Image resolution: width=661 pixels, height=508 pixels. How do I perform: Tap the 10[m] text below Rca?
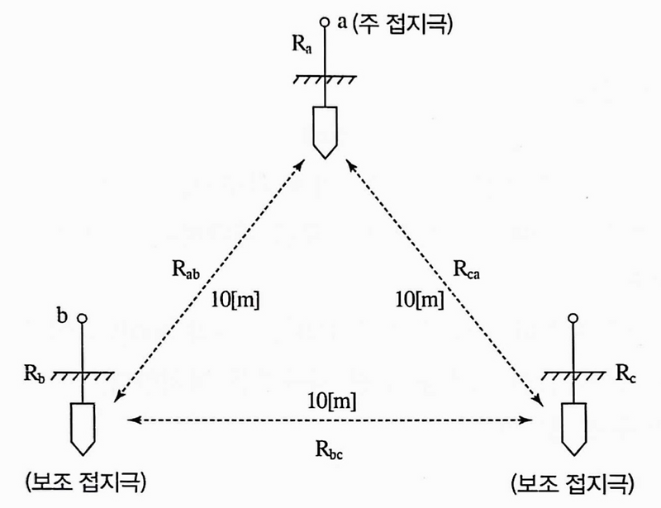[x=417, y=299]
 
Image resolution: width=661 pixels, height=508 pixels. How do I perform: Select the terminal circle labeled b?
[x=82, y=317]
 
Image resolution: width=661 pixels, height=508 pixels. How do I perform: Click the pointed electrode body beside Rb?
[x=82, y=425]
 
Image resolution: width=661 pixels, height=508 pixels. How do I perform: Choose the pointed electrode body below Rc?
[x=574, y=425]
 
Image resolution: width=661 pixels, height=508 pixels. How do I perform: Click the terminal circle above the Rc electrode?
[x=574, y=317]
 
